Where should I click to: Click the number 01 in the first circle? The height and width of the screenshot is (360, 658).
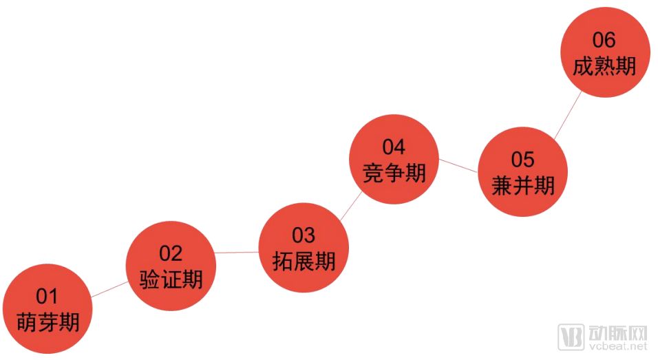point(47,297)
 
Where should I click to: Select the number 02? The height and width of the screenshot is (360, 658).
point(171,253)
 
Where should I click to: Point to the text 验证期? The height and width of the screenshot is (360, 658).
point(171,279)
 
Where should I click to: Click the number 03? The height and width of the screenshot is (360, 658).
point(303,235)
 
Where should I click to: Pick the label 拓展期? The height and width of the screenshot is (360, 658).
point(303,261)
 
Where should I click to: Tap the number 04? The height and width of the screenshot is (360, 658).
point(394,147)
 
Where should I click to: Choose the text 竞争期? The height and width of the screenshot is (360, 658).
point(394,172)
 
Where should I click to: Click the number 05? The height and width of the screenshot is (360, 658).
point(522,160)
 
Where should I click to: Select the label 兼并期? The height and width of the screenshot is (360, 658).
point(522,185)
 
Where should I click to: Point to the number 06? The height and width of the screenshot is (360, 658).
point(604,40)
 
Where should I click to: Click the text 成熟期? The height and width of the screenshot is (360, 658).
point(604,66)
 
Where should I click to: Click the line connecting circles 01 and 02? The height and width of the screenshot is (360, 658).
point(109,290)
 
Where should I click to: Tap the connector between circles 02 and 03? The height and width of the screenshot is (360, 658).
point(237,253)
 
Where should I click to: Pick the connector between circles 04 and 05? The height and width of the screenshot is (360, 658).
point(458,165)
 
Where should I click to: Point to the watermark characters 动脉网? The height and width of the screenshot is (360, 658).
point(619,334)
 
